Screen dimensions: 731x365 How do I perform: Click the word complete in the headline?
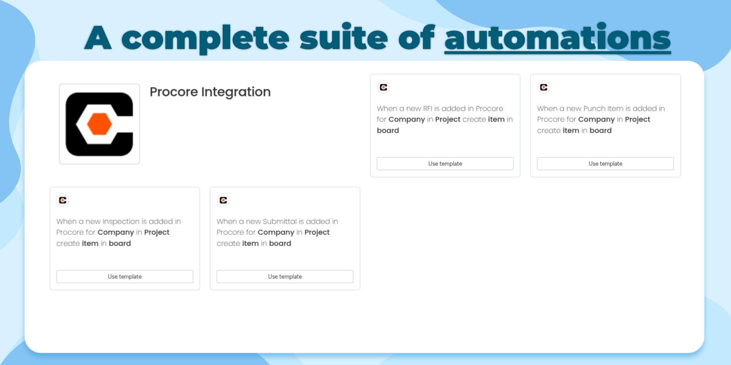[206, 39]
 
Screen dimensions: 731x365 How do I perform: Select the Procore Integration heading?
[210, 92]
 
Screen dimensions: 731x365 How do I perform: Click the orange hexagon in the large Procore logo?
[99, 124]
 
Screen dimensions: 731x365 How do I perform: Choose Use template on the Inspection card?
[125, 276]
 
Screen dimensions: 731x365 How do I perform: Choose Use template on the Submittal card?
[285, 276]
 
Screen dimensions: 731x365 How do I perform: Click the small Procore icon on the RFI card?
[383, 87]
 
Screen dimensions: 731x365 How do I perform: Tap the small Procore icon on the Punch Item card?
[544, 87]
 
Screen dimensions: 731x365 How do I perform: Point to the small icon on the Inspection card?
[63, 200]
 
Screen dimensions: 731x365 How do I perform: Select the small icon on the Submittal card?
[223, 200]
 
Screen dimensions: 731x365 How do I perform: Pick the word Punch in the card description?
[594, 109]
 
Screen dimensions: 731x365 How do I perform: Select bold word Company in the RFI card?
[407, 120]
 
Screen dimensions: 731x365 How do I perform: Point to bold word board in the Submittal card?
[280, 243]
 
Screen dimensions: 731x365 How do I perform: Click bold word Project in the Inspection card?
[157, 233]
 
